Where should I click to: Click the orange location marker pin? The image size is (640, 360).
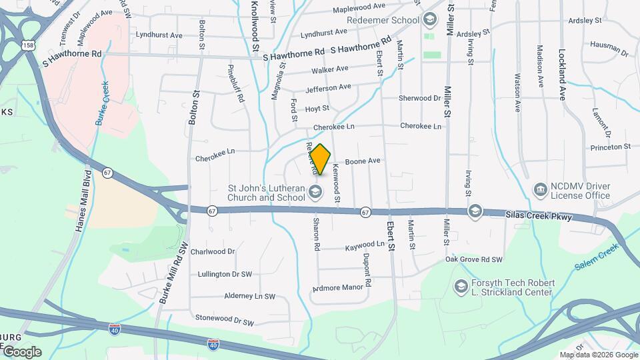click(320, 159)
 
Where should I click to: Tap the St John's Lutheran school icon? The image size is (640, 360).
click(316, 193)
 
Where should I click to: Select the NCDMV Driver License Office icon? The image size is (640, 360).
click(540, 191)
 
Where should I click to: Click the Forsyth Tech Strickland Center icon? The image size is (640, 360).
click(461, 287)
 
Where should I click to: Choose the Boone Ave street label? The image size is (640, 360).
click(362, 161)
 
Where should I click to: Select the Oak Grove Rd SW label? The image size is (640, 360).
click(473, 259)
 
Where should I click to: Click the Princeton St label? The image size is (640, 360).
click(609, 147)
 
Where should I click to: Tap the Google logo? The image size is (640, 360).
click(21, 351)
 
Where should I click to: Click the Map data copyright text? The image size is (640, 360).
click(599, 355)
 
